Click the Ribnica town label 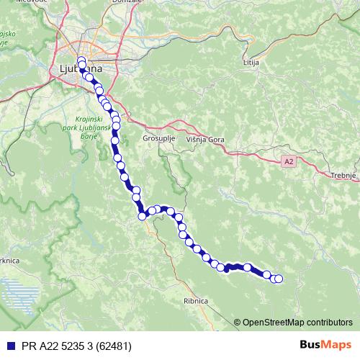pyautogui.click(x=196, y=302)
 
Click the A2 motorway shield pyautogui.click(x=289, y=162)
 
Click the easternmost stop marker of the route pyautogui.click(x=279, y=279)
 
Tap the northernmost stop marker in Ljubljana pyautogui.click(x=81, y=60)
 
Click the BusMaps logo pyautogui.click(x=321, y=345)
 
